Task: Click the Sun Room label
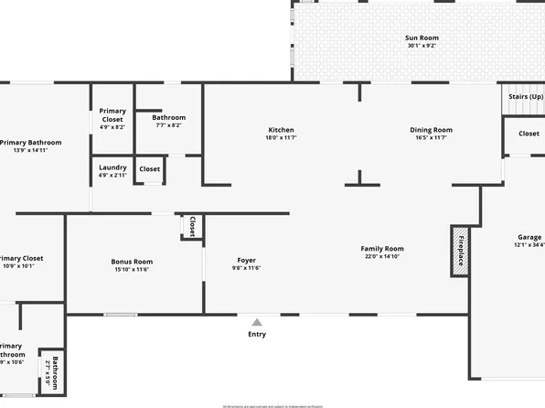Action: click(x=422, y=38)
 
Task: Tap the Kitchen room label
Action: click(x=281, y=130)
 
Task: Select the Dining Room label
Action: click(x=431, y=130)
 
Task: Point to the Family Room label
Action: click(x=382, y=249)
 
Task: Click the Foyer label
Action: click(x=246, y=260)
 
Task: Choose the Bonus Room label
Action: click(x=132, y=262)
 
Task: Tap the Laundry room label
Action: click(x=113, y=166)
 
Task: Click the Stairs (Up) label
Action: click(x=526, y=96)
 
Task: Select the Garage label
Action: click(x=529, y=237)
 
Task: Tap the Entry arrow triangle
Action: click(x=257, y=322)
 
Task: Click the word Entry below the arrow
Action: click(x=257, y=334)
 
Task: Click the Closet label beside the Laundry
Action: click(x=149, y=169)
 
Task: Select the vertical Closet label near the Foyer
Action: click(x=192, y=225)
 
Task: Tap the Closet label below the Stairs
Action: click(x=529, y=134)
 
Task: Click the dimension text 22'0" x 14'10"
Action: click(x=382, y=256)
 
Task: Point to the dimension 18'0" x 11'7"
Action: click(x=281, y=137)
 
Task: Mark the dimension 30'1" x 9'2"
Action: click(x=422, y=46)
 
